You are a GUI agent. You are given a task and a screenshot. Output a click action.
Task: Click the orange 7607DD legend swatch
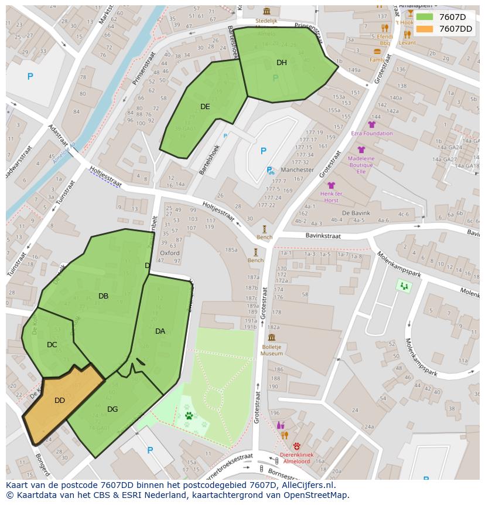(x=425, y=29)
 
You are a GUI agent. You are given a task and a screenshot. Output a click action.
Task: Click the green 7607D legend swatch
(x=425, y=17)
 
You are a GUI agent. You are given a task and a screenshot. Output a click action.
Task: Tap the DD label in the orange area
(x=60, y=401)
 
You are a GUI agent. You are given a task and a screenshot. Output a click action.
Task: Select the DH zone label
(x=282, y=63)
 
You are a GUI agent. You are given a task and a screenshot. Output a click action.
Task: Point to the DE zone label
(x=205, y=107)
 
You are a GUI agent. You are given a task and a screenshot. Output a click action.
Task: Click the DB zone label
(x=103, y=296)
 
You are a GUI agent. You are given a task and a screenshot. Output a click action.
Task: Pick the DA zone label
(x=160, y=331)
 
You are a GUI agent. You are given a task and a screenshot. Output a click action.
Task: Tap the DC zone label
(x=52, y=345)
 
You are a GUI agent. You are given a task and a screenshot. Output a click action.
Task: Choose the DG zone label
(x=112, y=409)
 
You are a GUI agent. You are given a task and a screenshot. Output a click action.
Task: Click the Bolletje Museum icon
(x=272, y=337)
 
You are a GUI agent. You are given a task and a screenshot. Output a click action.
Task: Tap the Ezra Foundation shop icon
(x=371, y=124)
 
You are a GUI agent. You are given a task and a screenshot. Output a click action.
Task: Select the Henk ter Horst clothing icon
(x=331, y=185)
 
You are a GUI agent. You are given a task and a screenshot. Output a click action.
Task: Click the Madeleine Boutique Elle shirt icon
(x=361, y=150)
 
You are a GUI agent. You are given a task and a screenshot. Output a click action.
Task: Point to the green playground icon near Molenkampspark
(x=404, y=286)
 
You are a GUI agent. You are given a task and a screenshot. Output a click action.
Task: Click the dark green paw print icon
(x=189, y=416)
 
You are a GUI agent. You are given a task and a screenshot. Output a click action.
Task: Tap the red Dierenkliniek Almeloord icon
(x=296, y=446)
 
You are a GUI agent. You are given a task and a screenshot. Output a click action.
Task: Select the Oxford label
(x=169, y=253)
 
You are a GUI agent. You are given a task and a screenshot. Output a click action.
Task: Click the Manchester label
(x=297, y=170)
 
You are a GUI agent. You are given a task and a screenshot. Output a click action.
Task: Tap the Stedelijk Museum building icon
(x=267, y=11)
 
